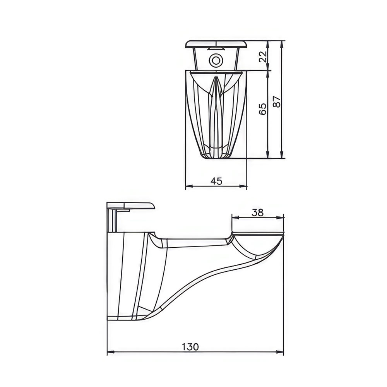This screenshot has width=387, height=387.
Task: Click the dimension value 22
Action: (264, 57)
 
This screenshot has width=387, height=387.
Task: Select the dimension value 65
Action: (263, 109)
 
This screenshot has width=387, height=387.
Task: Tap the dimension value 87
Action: (277, 101)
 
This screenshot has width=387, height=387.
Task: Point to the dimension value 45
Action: (216, 181)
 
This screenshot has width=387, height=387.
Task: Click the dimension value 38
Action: (258, 212)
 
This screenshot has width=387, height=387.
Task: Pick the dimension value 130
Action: (190, 347)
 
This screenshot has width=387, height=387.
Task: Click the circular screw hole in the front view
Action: (216, 60)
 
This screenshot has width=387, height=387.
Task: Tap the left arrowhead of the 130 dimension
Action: (111, 352)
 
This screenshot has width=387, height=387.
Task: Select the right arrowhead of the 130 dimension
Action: (280, 352)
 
